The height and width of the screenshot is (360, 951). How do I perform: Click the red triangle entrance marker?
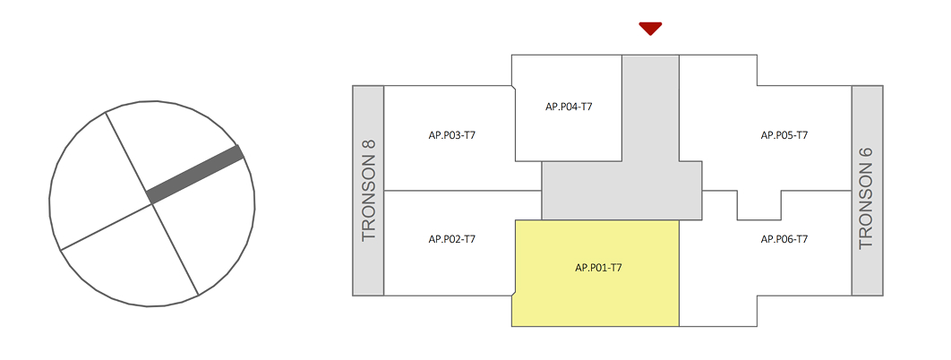click(650, 28)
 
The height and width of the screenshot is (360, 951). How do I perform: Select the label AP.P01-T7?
click(598, 268)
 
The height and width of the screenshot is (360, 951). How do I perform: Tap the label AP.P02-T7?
click(451, 239)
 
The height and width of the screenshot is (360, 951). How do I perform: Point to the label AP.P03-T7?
click(451, 135)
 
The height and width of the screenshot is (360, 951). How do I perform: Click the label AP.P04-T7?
click(569, 107)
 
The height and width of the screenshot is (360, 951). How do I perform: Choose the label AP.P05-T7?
click(784, 135)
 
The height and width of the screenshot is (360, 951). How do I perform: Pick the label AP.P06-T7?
click(784, 239)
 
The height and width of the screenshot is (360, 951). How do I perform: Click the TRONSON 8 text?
click(369, 190)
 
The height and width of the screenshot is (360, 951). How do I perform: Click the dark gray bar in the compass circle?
click(195, 174)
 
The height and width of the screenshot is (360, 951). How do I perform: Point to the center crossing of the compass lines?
click(152, 203)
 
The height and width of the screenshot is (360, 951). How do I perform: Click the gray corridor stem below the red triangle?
click(650, 107)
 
